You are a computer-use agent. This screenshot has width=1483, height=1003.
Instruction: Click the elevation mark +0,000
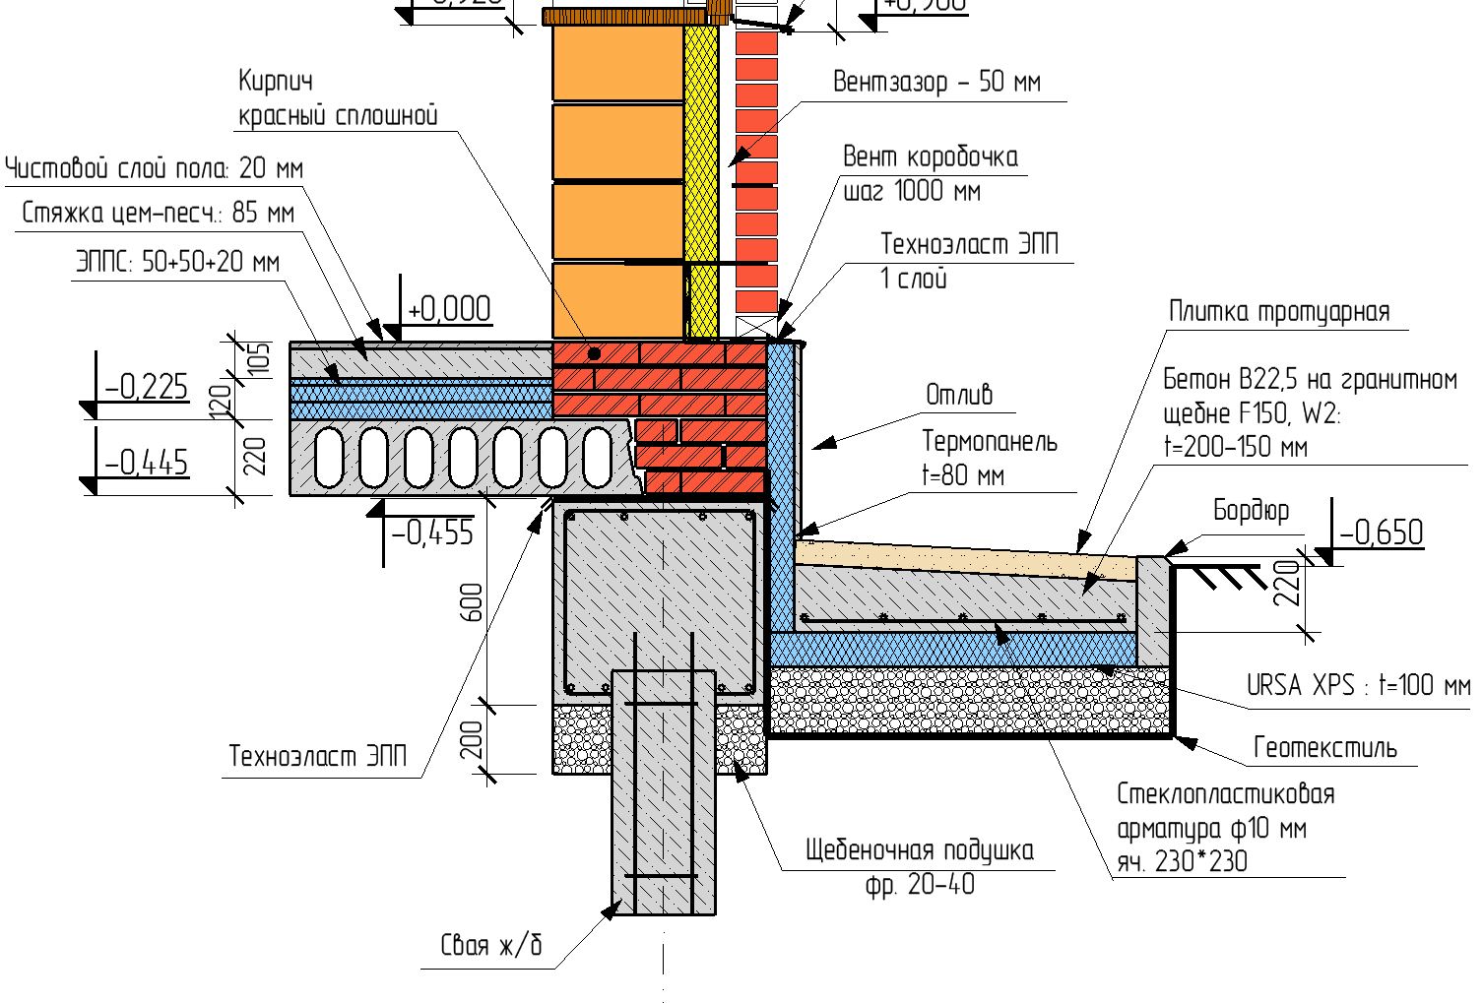point(449,309)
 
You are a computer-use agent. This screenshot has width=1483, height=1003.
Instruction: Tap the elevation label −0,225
point(147,387)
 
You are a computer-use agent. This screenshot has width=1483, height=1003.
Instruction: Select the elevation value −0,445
point(147,462)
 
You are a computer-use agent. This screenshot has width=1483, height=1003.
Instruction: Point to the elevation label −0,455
point(432,533)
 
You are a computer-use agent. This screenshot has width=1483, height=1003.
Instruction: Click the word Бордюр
point(1251,511)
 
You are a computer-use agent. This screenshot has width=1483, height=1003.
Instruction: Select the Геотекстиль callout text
point(1324,748)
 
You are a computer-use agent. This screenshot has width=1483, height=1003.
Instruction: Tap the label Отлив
point(958,395)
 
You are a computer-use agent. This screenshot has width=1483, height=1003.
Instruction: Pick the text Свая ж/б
point(491,946)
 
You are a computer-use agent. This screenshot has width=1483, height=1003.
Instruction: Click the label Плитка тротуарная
point(1279,312)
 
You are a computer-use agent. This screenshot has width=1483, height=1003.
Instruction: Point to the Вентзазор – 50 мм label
point(936,82)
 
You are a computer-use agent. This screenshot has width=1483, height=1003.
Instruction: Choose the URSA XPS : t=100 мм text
point(1358,685)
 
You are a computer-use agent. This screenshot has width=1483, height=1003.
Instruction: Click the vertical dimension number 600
point(472,601)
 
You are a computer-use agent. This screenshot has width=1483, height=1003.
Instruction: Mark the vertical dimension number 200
point(472,740)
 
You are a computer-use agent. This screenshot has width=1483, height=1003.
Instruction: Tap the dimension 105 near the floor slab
point(257,360)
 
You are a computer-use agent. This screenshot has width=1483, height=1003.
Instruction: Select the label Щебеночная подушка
point(919,850)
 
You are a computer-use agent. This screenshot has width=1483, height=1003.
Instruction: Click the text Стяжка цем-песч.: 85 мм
point(158,213)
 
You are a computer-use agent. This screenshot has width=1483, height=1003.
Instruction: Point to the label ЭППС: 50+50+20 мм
point(177,263)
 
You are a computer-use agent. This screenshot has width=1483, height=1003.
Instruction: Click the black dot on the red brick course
point(594,353)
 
